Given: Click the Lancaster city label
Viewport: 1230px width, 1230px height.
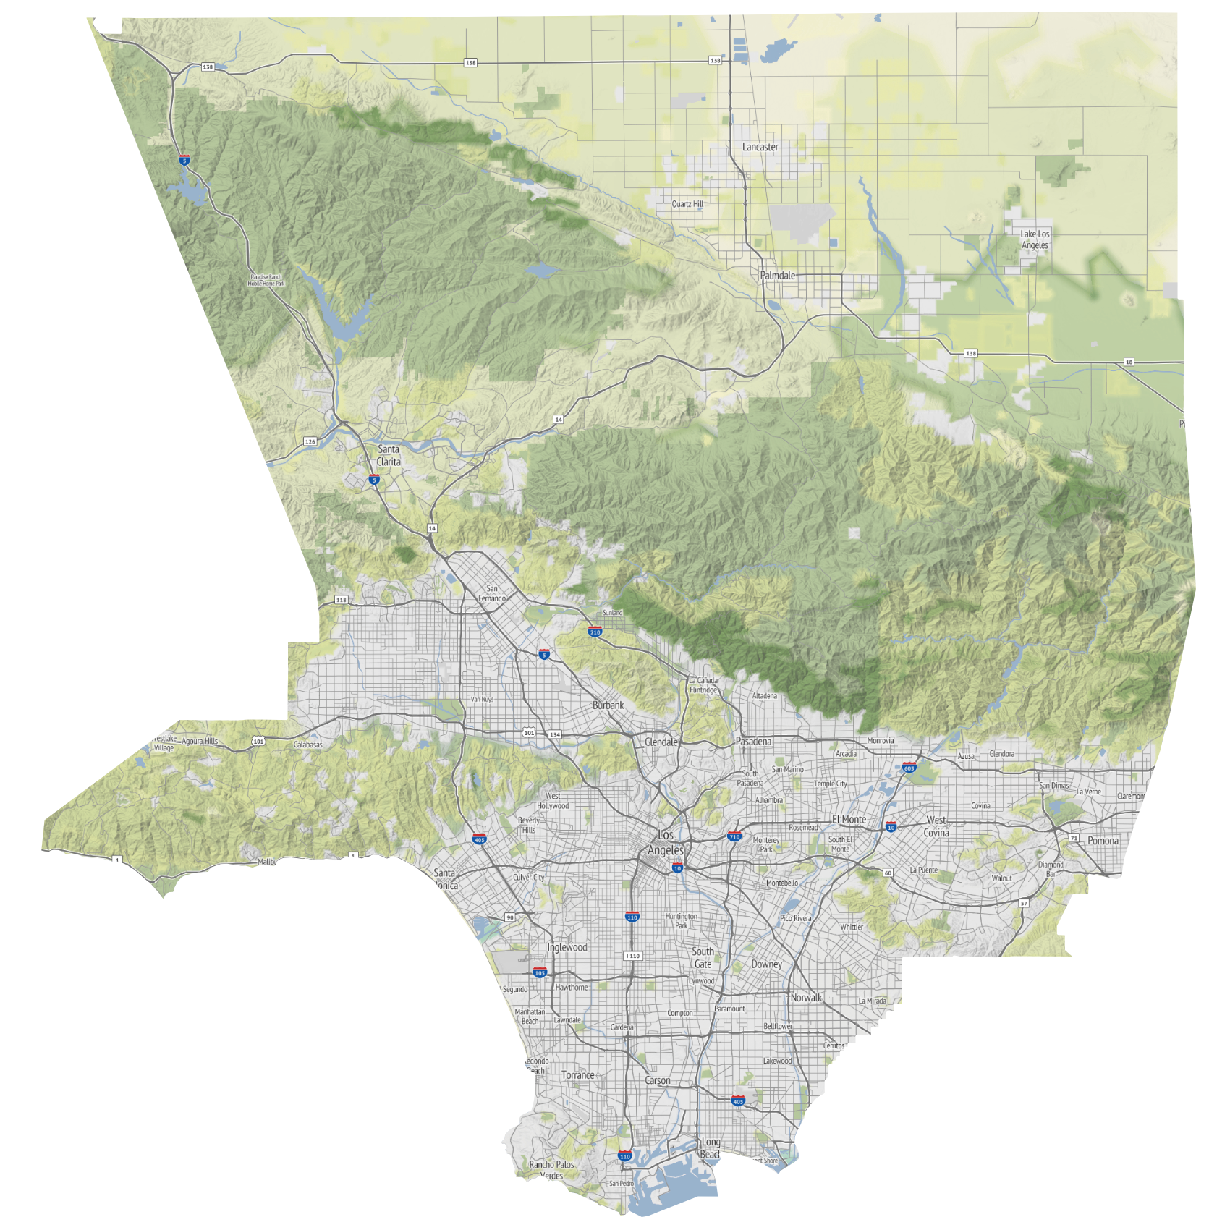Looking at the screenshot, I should tap(760, 147).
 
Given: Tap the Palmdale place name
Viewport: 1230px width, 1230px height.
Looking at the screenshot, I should tap(777, 276).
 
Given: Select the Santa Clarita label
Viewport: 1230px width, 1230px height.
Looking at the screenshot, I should tap(389, 456).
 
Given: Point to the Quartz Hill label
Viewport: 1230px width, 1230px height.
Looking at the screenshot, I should tap(687, 204).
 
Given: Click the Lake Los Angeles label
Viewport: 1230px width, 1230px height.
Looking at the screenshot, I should tap(1035, 239).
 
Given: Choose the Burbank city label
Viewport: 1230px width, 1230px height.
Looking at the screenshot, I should tap(608, 705).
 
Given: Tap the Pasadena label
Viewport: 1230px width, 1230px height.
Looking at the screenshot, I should tap(753, 742).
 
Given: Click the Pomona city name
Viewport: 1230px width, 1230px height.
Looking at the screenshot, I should tap(1103, 841).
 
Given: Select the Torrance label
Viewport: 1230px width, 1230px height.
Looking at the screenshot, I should tap(578, 1075).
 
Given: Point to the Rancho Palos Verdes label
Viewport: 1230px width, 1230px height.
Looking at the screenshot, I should tap(551, 1170).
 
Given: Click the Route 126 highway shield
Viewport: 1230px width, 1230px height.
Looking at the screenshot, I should tap(310, 441).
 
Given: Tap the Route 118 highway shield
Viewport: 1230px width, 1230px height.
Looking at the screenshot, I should tap(342, 600).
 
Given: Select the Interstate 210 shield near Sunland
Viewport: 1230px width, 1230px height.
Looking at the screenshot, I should tap(595, 632).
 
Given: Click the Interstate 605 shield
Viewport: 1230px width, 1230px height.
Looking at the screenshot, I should tap(909, 768).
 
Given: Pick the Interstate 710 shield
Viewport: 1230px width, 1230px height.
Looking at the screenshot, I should tap(734, 836).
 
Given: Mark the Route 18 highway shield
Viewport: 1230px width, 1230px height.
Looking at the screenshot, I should tap(1129, 362).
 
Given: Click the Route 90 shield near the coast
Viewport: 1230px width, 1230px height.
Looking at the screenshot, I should tap(510, 917).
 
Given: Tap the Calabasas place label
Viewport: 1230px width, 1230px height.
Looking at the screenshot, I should tap(308, 745).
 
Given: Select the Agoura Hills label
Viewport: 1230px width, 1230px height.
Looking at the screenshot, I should tap(200, 741).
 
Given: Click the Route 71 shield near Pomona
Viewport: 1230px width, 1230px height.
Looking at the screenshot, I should tap(1074, 838).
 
